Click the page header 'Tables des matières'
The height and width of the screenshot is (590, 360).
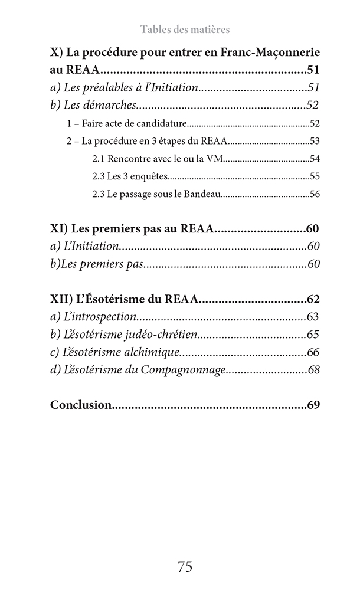pyautogui.click(x=185, y=29)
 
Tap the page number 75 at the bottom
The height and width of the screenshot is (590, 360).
pyautogui.click(x=185, y=567)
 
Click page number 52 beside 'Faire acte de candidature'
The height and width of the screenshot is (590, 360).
pyautogui.click(x=314, y=124)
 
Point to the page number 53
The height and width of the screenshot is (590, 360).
pyautogui.click(x=314, y=142)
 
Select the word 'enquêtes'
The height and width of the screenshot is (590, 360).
pyautogui.click(x=149, y=176)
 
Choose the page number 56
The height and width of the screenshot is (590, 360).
pyautogui.click(x=314, y=194)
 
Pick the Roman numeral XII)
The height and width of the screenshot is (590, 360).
pyautogui.click(x=62, y=299)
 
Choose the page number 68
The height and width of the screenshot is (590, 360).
pyautogui.click(x=313, y=370)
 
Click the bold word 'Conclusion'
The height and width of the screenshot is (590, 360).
pyautogui.click(x=81, y=405)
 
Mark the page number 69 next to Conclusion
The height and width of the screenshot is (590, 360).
pyautogui.click(x=313, y=405)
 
